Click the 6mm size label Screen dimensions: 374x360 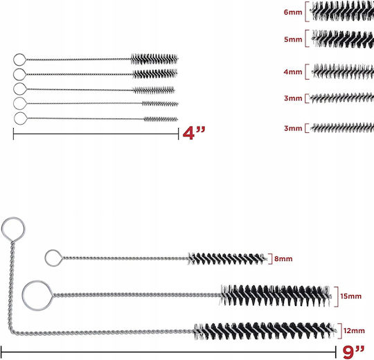pos(293,12)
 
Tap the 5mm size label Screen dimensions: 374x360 pos(293,39)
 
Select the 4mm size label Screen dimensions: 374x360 pos(293,72)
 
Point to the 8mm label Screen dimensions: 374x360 pos(283,259)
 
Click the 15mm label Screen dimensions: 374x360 pos(351,296)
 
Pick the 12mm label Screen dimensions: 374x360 pos(354,331)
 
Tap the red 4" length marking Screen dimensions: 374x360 pos(194,133)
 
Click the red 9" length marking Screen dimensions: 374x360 pos(353,352)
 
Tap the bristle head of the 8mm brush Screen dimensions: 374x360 pos(227,259)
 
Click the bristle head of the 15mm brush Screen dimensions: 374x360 pos(275,296)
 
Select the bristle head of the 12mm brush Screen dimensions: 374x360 pos(265,331)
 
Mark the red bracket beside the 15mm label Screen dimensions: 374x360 pos(337,296)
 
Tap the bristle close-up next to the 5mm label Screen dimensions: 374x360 pos(343,39)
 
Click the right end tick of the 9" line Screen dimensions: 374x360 pos(336,352)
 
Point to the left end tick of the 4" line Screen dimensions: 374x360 pos(13,134)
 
